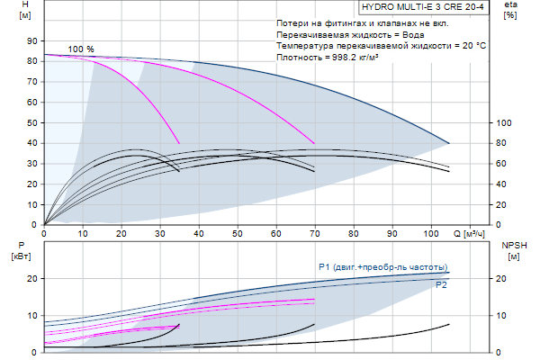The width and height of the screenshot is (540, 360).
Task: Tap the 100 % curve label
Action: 80,49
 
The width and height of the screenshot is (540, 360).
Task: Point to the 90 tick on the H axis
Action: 32,40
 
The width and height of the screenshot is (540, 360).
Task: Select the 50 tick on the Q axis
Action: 238,233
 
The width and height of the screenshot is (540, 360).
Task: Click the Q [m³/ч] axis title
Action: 470,233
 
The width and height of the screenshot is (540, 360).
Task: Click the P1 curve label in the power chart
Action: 325,267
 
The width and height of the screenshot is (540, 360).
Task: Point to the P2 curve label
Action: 441,285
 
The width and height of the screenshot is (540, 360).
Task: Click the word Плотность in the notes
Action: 301,57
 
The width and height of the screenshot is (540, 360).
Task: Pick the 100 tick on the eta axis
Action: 504,122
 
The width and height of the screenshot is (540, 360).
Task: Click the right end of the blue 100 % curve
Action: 449,143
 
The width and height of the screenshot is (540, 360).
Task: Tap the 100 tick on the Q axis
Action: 431,233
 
